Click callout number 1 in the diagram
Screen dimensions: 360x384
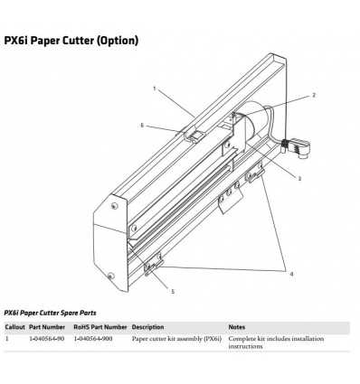click(155, 89)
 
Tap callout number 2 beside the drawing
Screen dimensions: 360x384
click(314, 95)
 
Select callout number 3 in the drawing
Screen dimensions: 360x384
click(299, 179)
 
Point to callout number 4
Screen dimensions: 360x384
click(291, 274)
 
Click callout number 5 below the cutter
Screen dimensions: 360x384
click(173, 292)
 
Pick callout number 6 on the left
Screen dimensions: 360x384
click(142, 126)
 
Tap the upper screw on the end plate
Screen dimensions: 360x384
click(114, 206)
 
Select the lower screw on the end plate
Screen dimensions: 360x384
click(111, 276)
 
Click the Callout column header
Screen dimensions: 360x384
click(15, 327)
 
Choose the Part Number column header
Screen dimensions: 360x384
click(47, 327)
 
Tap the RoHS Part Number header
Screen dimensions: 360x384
click(100, 327)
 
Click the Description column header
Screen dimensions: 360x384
click(147, 327)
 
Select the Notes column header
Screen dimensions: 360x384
click(237, 327)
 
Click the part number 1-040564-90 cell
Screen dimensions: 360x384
click(47, 339)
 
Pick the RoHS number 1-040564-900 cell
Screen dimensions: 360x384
click(93, 339)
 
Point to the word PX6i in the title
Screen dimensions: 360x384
click(15, 41)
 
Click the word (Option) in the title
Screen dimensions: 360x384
click(118, 41)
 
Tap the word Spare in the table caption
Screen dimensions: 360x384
click(70, 313)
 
